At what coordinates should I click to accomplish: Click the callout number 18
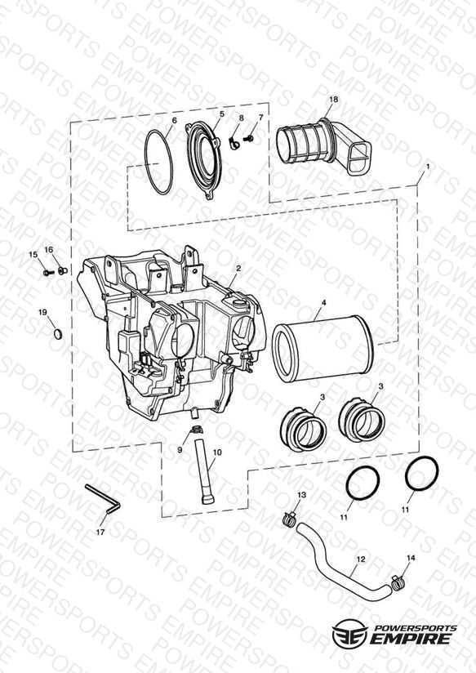pyautogui.click(x=333, y=99)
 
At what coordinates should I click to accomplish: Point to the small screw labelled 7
pyautogui.click(x=249, y=138)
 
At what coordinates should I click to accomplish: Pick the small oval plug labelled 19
pyautogui.click(x=58, y=334)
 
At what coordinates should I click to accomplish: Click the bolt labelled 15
pyautogui.click(x=48, y=273)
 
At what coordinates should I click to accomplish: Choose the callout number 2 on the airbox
pyautogui.click(x=238, y=268)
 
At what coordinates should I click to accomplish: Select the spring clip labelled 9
pyautogui.click(x=197, y=429)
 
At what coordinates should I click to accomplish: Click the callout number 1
pyautogui.click(x=427, y=165)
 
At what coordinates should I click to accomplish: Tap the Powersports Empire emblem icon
pyautogui.click(x=350, y=632)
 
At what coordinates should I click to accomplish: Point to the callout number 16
pyautogui.click(x=49, y=250)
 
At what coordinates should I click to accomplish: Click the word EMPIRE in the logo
pyautogui.click(x=411, y=638)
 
